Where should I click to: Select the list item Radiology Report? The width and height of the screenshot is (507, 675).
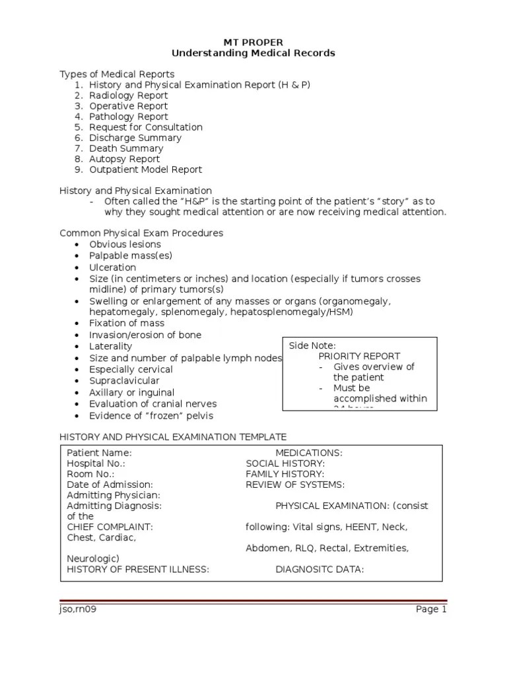point(128,96)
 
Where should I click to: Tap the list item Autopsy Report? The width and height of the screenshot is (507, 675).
point(124,159)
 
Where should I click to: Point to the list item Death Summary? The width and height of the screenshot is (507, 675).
point(126,148)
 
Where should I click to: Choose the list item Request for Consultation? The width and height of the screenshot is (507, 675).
point(145,127)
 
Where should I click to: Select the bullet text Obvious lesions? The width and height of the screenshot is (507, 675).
point(125,245)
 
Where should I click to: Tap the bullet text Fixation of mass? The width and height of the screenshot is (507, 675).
point(127,323)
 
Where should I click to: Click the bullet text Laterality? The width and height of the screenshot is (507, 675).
point(110,346)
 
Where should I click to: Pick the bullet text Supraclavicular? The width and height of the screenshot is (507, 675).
point(124,381)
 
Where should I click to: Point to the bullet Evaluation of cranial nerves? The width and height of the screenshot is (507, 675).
point(152,404)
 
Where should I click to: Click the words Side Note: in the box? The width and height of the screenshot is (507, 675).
point(312,345)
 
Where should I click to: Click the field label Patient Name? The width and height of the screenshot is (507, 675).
point(99,453)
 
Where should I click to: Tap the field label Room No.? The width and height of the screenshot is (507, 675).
point(90,474)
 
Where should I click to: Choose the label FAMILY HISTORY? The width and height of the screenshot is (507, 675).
point(285,474)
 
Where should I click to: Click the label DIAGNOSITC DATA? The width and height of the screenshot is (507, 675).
point(320,570)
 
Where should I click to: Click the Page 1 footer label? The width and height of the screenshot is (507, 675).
point(431,609)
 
